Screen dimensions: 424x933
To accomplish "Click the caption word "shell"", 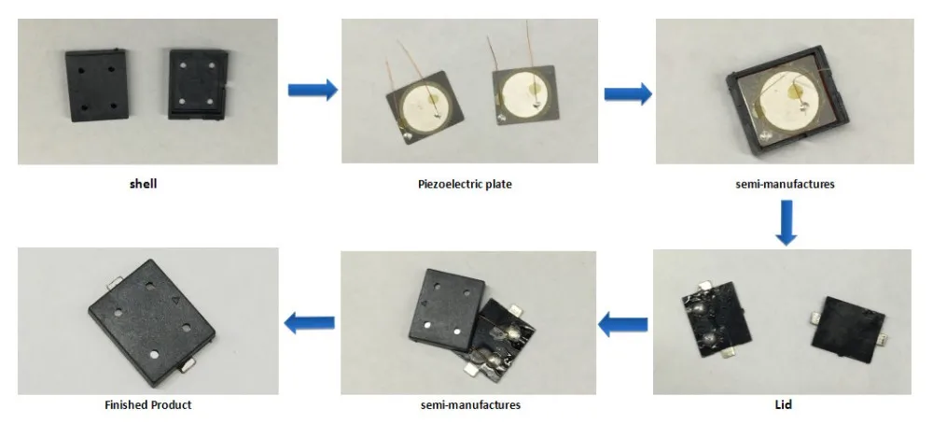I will (143, 184).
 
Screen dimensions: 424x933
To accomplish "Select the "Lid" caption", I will (784, 404).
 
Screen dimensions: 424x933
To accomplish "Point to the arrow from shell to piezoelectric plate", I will (312, 90).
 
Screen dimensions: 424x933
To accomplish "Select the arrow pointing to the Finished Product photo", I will (309, 323).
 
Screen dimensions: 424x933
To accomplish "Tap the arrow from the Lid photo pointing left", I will (622, 325).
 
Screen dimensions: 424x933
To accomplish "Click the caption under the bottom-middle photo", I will (469, 404).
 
